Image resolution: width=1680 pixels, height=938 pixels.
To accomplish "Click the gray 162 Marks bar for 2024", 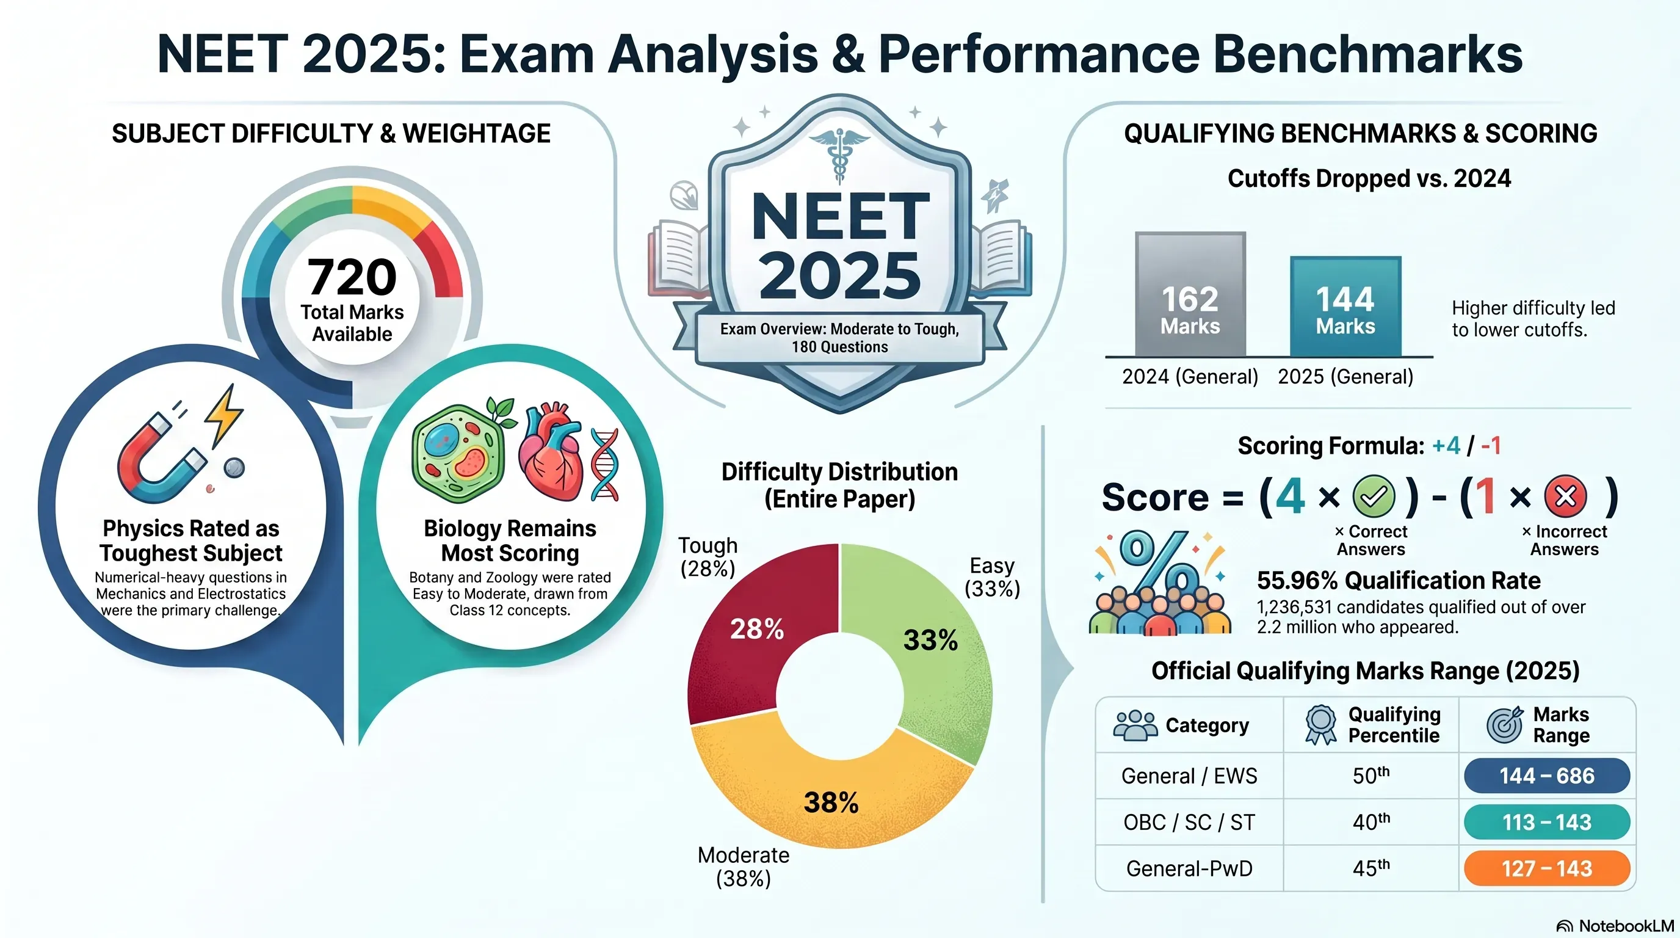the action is tap(1190, 294).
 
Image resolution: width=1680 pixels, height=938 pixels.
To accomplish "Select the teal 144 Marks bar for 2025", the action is tap(1345, 307).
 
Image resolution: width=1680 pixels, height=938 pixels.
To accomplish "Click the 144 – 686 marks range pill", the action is tap(1547, 776).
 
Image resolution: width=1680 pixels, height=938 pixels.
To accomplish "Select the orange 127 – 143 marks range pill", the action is tap(1547, 868).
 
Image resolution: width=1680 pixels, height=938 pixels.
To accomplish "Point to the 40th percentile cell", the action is tap(1371, 821).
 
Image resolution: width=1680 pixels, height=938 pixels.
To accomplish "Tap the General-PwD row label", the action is tap(1189, 868).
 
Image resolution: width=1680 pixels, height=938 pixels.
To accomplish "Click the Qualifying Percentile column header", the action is tap(1394, 725).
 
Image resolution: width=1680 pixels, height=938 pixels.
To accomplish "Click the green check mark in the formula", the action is tap(1374, 496).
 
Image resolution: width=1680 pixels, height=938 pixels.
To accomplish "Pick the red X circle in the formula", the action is tap(1565, 496).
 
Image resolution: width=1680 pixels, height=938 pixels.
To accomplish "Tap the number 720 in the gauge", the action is tap(352, 277).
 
